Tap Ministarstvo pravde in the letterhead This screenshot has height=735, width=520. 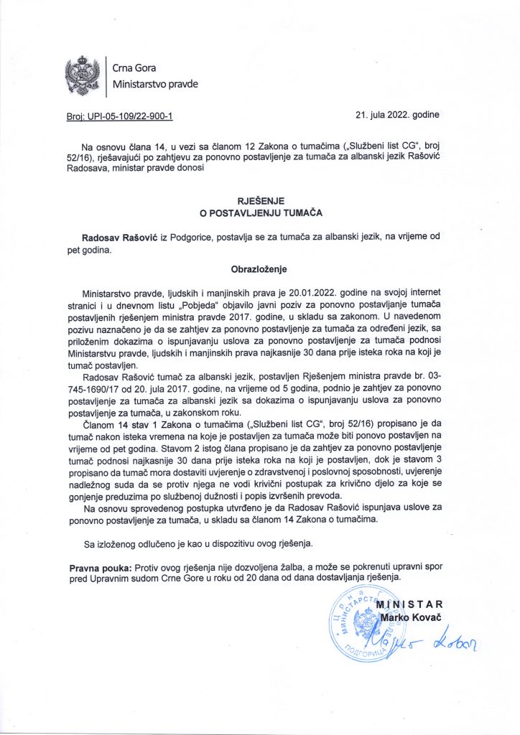tap(155, 85)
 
